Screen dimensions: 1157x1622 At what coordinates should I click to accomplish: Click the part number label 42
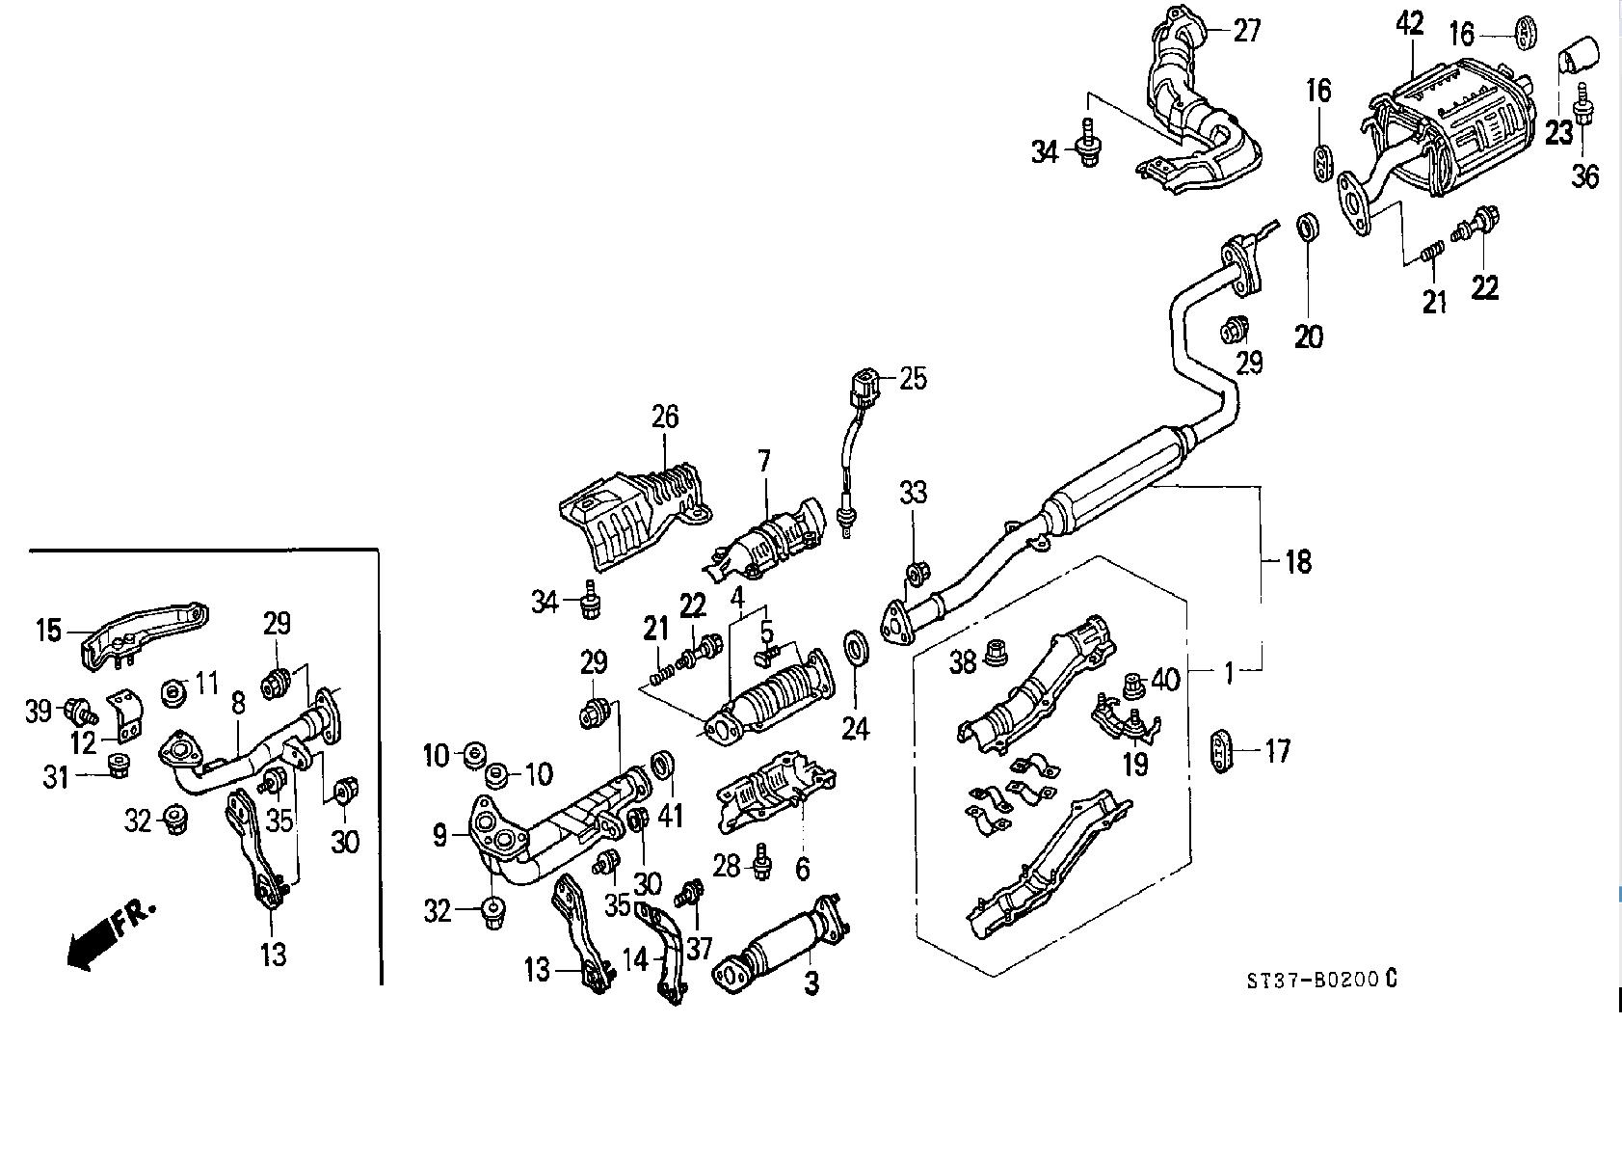[x=1409, y=24]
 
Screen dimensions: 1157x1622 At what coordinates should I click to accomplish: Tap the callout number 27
[x=1246, y=32]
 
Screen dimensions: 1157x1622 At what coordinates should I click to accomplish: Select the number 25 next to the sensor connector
[x=913, y=379]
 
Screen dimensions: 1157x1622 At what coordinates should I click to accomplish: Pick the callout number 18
[x=1298, y=561]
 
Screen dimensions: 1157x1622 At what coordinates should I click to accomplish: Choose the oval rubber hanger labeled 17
[x=1221, y=751]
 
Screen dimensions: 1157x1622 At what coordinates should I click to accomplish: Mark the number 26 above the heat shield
[x=665, y=417]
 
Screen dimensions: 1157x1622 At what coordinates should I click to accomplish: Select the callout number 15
[x=48, y=631]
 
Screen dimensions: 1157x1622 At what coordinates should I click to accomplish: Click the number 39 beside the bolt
[x=38, y=712]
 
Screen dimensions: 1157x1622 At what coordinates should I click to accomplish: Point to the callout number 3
[x=811, y=984]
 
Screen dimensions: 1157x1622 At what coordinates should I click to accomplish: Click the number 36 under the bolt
[x=1584, y=176]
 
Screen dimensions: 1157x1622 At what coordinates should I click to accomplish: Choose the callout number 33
[x=913, y=493]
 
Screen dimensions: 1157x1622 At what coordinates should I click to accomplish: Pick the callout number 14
[x=635, y=961]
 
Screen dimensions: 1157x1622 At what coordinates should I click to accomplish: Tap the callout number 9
[x=439, y=835]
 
